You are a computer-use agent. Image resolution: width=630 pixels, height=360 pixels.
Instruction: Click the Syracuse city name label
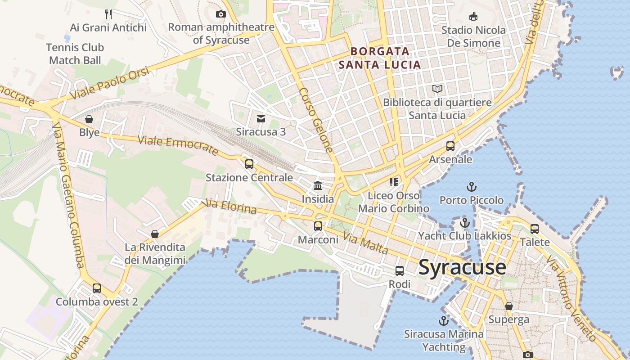[462, 267]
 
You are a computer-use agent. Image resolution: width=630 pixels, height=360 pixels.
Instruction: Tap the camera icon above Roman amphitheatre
[220, 14]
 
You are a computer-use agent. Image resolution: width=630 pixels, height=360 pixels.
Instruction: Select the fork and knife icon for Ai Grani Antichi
[108, 14]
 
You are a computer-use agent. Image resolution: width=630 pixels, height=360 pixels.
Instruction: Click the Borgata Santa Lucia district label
[380, 58]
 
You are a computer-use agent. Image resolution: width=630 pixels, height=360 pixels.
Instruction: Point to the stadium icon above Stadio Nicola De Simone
[473, 17]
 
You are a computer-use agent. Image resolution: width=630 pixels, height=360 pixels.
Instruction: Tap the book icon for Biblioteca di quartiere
[437, 89]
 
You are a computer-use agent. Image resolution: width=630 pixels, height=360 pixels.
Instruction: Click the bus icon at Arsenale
[450, 146]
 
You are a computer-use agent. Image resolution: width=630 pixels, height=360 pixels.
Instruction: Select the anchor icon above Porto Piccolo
[471, 186]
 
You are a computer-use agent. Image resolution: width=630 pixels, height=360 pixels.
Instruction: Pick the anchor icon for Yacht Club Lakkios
[465, 222]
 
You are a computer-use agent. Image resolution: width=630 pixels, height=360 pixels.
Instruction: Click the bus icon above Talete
[535, 229]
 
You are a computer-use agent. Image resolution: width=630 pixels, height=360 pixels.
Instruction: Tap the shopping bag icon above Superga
[509, 306]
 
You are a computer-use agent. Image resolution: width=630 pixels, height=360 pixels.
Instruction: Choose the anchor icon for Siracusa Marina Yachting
[444, 321]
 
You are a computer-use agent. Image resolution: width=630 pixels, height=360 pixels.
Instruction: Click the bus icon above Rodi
[400, 271]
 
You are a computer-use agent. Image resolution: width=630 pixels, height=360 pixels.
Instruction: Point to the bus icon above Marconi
[318, 226]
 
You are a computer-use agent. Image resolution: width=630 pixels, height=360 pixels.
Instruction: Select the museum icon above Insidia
[318, 185]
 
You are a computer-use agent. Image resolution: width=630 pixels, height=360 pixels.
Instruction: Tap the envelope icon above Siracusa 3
[261, 119]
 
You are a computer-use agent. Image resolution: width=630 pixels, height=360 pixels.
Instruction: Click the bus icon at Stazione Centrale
[249, 164]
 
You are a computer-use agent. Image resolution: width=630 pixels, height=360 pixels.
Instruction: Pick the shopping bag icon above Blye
[89, 119]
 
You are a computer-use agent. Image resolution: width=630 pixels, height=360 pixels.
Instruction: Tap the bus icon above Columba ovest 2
[97, 288]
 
